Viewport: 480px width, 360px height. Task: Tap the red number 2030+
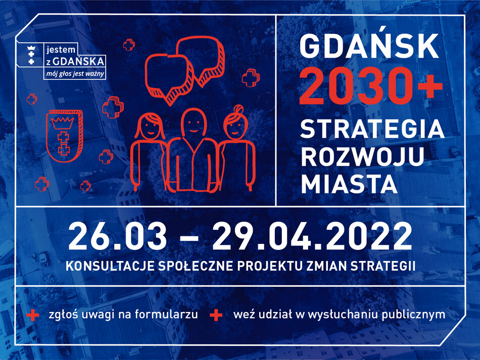371,84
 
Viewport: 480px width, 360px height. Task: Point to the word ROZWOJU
362,157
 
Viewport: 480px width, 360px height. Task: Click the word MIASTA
349,184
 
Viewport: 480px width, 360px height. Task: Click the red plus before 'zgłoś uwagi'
32,315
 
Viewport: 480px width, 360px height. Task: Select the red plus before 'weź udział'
216,315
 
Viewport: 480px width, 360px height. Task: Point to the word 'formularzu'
170,315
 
